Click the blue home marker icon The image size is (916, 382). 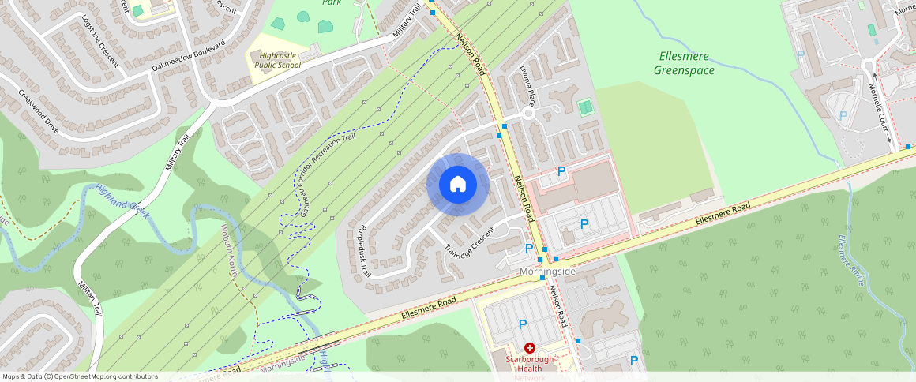click(x=458, y=185)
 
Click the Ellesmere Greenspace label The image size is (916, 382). click(x=684, y=63)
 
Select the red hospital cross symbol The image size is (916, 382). click(x=529, y=347)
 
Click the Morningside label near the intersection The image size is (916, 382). click(x=547, y=272)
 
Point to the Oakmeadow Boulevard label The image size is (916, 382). click(x=189, y=58)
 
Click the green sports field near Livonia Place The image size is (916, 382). click(x=585, y=107)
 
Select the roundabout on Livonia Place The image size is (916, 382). click(x=529, y=113)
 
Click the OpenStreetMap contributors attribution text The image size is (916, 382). click(x=80, y=376)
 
